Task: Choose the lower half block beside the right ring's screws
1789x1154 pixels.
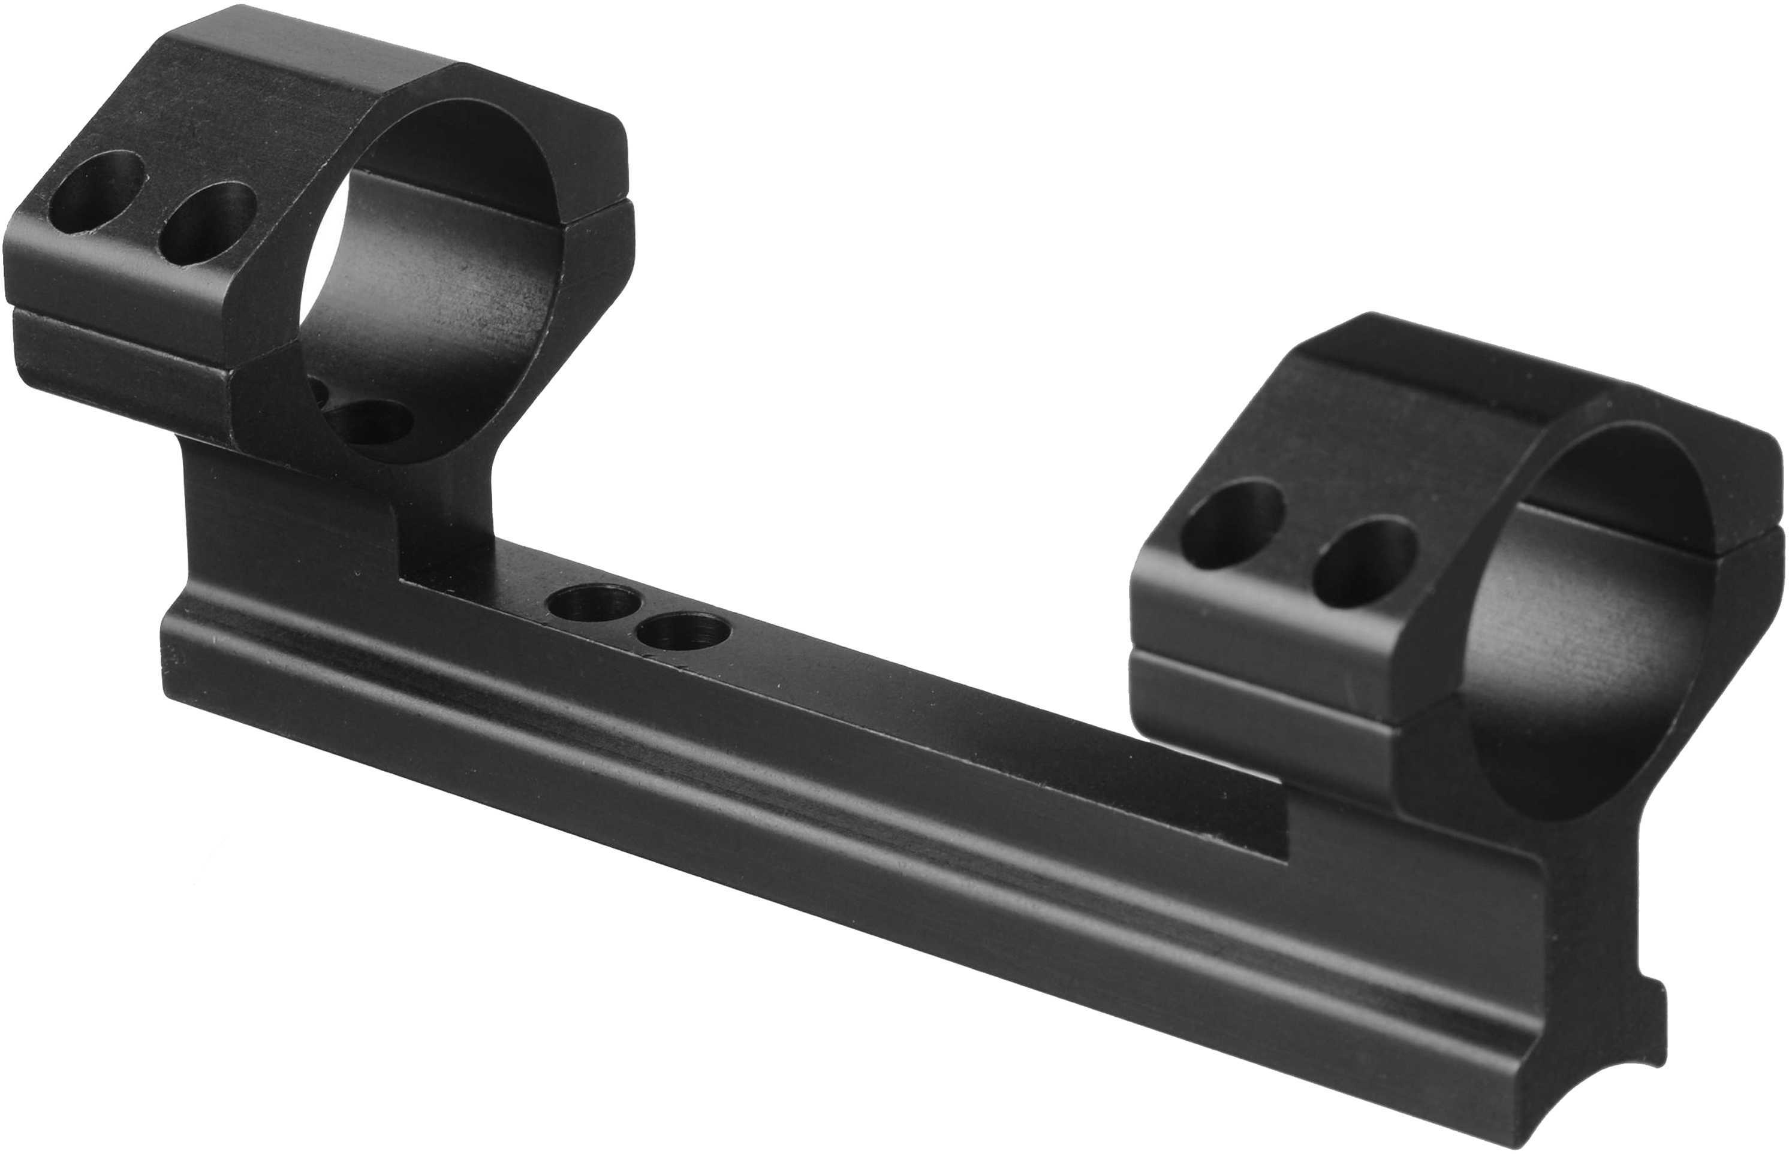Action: click(x=1260, y=697)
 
